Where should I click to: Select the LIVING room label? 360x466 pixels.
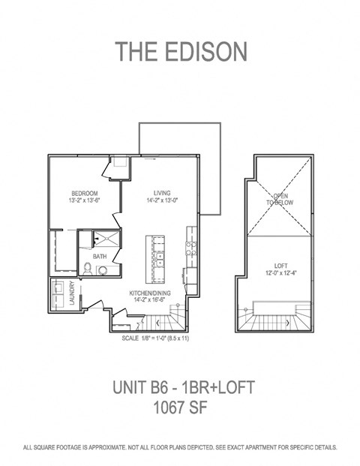163,191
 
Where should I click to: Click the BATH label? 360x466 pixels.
100,257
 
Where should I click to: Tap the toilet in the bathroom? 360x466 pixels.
87,269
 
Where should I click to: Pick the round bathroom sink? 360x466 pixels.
103,270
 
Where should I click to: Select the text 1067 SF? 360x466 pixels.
180,408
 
